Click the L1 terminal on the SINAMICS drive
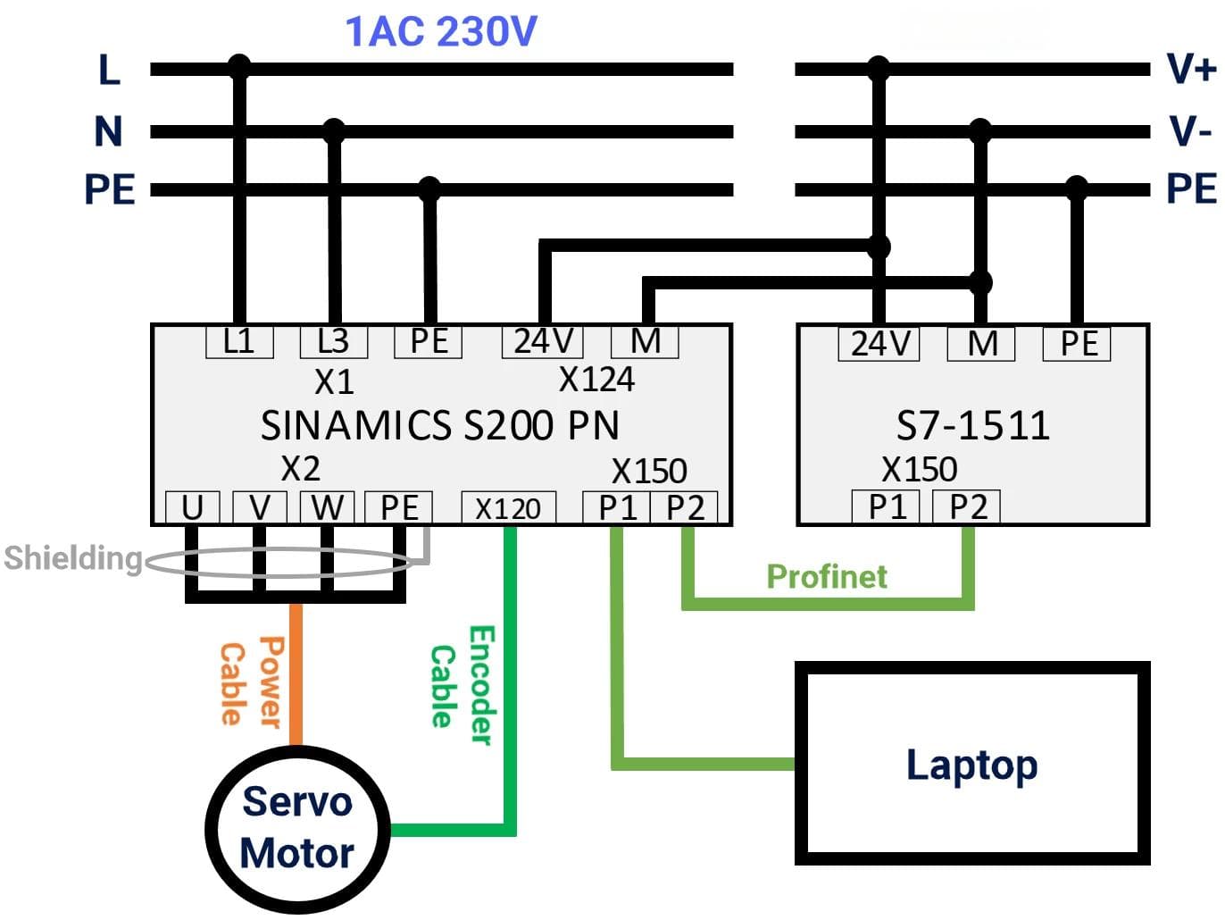[x=239, y=341]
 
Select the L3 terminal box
[x=334, y=341]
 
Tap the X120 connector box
[x=508, y=507]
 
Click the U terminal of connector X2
[x=193, y=507]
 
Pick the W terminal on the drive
[x=327, y=507]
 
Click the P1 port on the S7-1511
[x=885, y=506]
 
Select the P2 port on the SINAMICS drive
[x=684, y=507]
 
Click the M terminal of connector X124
[x=645, y=341]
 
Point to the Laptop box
[x=971, y=763]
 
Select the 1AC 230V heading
[x=441, y=31]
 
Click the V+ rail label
[x=1191, y=70]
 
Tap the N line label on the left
[x=108, y=132]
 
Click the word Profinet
[x=827, y=576]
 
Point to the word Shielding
[x=73, y=557]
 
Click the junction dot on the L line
[x=239, y=67]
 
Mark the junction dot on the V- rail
[x=980, y=130]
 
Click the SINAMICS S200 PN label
[x=440, y=425]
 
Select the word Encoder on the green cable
[x=482, y=686]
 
